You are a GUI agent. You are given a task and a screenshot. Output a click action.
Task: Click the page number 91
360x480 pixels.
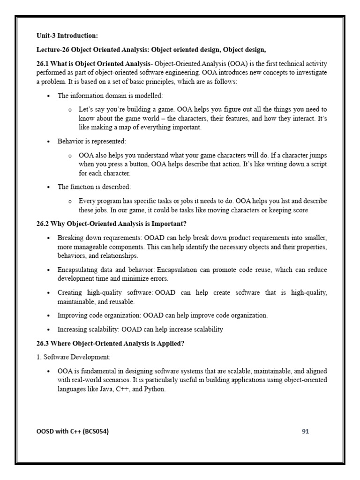pos(305,432)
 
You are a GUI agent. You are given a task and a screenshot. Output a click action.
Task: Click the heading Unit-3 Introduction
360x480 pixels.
pos(67,35)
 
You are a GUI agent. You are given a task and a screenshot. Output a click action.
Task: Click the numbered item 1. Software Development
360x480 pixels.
pos(74,358)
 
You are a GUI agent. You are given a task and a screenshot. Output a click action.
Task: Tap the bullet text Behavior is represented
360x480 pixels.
pos(91,141)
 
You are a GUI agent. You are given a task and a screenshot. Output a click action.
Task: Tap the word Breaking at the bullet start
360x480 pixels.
pos(70,238)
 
